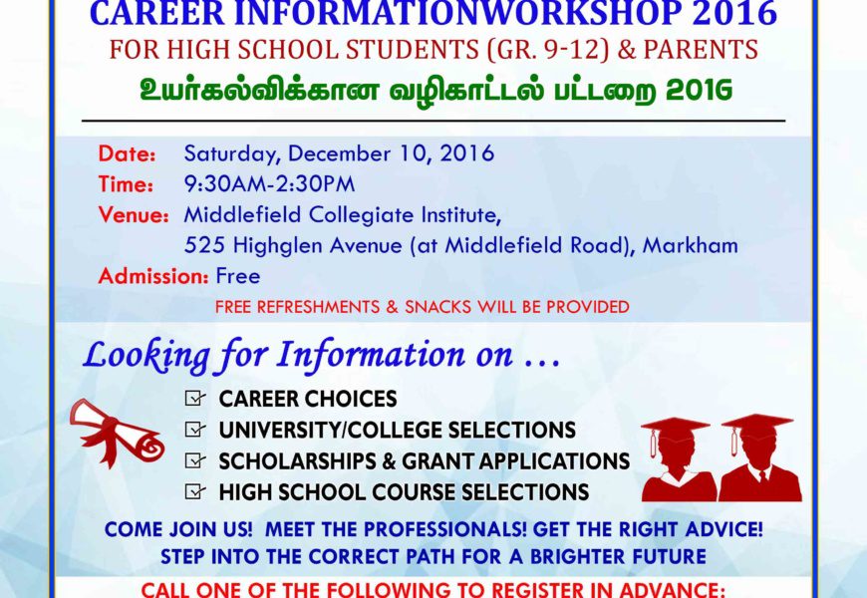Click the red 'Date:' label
pos(128,153)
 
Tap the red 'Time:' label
pos(127,184)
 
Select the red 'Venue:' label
pos(134,214)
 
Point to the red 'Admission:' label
pos(153,276)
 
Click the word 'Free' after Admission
pos(238,276)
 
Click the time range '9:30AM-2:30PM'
pos(269,184)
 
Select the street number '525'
pos(204,245)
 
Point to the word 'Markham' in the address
pos(690,245)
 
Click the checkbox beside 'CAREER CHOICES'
pos(194,399)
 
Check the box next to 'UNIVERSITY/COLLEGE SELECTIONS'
pos(194,430)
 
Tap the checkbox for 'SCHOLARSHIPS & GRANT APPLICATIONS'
pos(194,460)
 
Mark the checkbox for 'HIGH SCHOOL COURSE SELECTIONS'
pos(194,491)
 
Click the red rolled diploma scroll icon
pos(117,432)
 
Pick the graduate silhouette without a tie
pos(678,460)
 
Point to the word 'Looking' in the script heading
pos(146,355)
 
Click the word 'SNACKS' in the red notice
pos(437,307)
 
